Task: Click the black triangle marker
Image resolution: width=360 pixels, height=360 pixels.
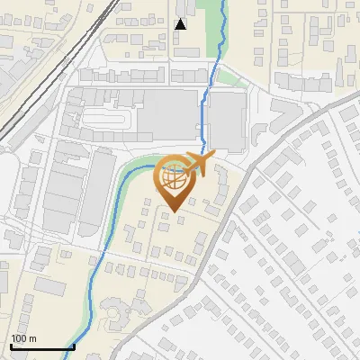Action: tap(181, 23)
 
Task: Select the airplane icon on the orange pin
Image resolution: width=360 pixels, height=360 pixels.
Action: tap(199, 165)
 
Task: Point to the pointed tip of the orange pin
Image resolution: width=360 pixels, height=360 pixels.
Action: tap(174, 211)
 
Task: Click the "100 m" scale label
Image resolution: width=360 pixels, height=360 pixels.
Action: tap(24, 338)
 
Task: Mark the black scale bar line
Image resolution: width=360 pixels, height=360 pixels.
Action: tap(42, 346)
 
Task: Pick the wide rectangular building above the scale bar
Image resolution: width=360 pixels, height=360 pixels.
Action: tap(50, 286)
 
